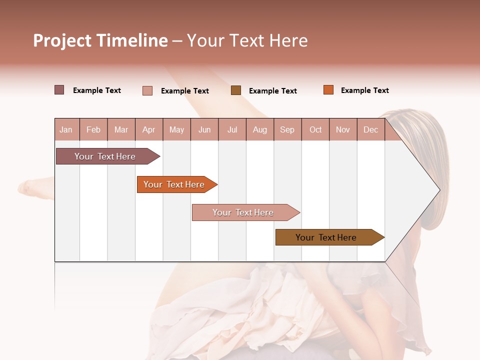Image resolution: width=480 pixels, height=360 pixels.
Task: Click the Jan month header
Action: point(66,130)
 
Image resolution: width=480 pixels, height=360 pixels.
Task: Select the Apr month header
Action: point(148,130)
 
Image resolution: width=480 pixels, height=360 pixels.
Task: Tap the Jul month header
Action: point(232,130)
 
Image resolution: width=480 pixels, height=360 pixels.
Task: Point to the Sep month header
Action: point(287,130)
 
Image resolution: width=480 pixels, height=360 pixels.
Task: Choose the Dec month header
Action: point(370,130)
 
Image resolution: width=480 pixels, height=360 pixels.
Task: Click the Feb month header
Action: point(93,130)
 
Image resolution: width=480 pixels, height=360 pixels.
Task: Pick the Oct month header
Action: point(315,130)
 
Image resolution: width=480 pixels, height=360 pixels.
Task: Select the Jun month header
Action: point(204,130)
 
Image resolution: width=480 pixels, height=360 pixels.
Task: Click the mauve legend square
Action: point(59,90)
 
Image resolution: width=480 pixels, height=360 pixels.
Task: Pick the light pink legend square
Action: point(147,90)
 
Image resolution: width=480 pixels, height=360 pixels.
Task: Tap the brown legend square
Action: point(235,90)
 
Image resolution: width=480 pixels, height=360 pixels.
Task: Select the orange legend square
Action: point(328,90)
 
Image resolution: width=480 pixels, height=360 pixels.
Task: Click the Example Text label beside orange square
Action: point(364,90)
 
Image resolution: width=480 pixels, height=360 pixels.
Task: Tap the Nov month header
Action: point(343,130)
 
